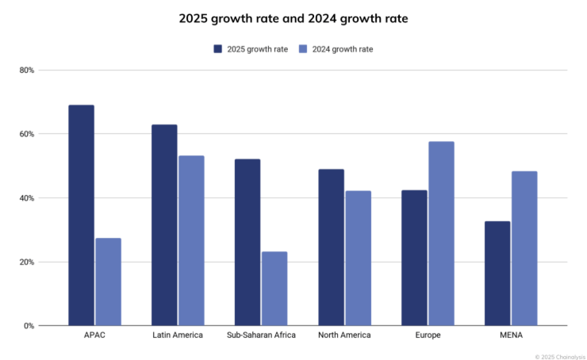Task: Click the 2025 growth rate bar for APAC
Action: click(x=81, y=215)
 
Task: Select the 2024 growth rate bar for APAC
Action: click(x=108, y=281)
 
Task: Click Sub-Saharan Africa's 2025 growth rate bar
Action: click(x=247, y=242)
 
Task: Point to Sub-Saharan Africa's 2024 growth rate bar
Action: click(x=274, y=289)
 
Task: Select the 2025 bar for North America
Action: click(x=331, y=247)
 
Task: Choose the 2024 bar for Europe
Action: click(x=441, y=233)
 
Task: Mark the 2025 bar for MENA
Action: click(x=497, y=273)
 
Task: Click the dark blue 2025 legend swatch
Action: click(x=217, y=49)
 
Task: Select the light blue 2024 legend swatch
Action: click(x=302, y=49)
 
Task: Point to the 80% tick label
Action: click(x=27, y=70)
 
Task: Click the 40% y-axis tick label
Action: click(x=27, y=197)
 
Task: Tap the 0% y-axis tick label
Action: click(x=29, y=325)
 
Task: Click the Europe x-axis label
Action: click(x=428, y=335)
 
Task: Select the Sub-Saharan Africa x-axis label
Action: click(x=261, y=335)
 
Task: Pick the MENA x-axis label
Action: click(x=511, y=335)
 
